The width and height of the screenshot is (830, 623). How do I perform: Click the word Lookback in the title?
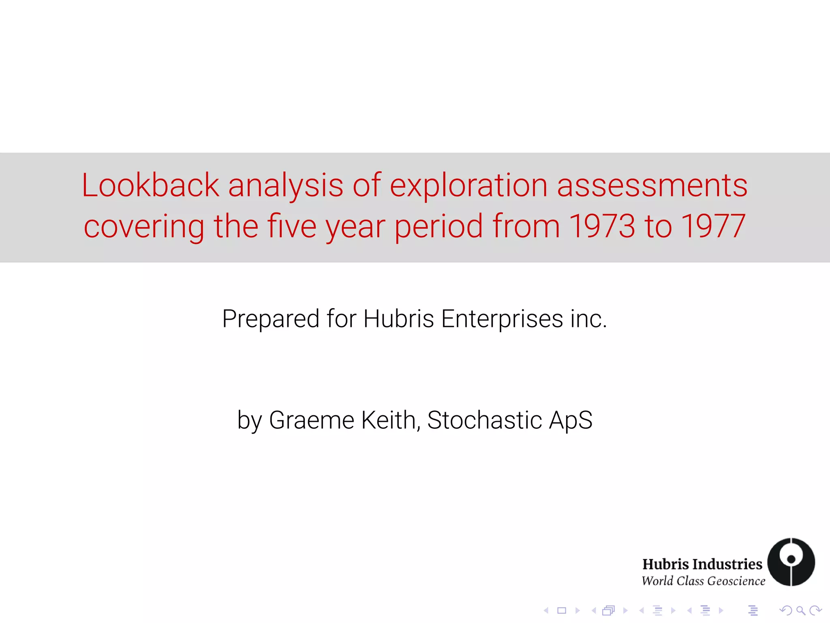pos(150,185)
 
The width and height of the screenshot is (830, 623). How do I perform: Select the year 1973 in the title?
pos(602,226)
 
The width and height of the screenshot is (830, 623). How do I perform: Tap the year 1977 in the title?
pos(713,226)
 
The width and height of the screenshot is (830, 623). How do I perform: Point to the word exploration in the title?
pos(468,185)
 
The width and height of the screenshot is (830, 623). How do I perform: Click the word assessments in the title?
pos(652,185)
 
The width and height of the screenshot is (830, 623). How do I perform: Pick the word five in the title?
pos(291,226)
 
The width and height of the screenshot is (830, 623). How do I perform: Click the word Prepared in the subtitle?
pos(271,319)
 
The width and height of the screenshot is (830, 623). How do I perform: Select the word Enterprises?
pos(502,318)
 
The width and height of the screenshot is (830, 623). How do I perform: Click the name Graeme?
pos(311,420)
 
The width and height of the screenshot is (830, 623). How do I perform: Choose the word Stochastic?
pos(484,420)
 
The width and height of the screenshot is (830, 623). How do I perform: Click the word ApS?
pos(571,420)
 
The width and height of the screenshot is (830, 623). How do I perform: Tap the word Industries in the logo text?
pos(727,564)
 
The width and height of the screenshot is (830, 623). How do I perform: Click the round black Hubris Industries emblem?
pos(791,562)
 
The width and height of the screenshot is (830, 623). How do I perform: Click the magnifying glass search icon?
pos(800,610)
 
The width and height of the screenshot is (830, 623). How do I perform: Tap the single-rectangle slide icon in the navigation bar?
pos(561,610)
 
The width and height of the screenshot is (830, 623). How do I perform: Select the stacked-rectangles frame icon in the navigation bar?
pos(608,610)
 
